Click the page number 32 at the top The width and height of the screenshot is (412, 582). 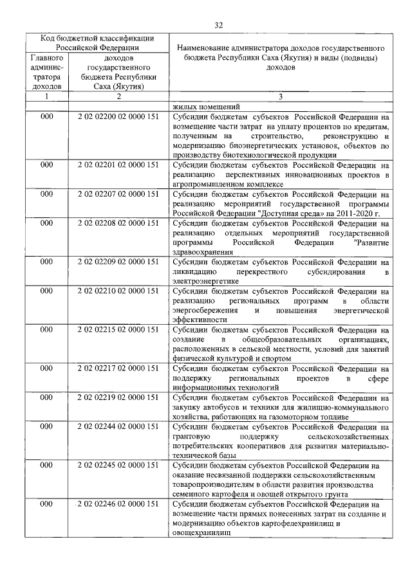point(218,25)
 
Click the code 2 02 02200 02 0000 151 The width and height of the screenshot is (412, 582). point(118,118)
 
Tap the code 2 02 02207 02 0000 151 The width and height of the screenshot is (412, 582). point(118,194)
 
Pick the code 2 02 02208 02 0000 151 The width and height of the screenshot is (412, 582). point(118,223)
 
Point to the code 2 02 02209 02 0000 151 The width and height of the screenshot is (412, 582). point(118,262)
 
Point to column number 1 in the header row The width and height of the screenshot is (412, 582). point(46,96)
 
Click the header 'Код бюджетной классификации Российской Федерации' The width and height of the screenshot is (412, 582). point(97,42)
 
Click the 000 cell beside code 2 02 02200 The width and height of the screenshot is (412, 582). point(46,118)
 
